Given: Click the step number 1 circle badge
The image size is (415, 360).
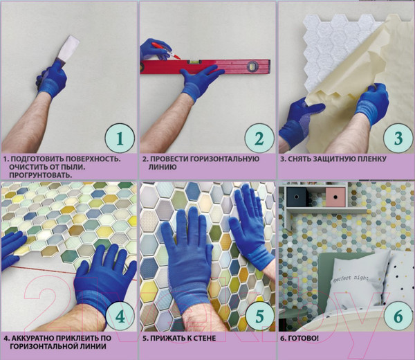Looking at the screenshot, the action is point(120,138).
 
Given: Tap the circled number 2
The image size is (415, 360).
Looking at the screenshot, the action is point(259,138).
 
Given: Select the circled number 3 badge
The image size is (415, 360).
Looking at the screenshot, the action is point(398,138).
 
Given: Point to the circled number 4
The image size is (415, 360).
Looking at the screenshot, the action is point(120,316).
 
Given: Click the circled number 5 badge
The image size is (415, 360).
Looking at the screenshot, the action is point(259,316).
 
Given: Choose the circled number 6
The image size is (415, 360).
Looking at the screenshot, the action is point(398,316).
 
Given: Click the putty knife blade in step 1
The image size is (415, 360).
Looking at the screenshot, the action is point(68,48).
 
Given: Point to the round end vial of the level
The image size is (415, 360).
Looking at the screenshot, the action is point(252,66).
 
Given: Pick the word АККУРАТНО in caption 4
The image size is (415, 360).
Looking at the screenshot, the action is point(34,339).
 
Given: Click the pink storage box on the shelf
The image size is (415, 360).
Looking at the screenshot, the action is point(335,197).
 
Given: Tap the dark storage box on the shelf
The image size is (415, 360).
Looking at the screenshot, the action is point(296,197).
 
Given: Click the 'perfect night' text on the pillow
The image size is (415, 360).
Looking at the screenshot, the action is point(351,278).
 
